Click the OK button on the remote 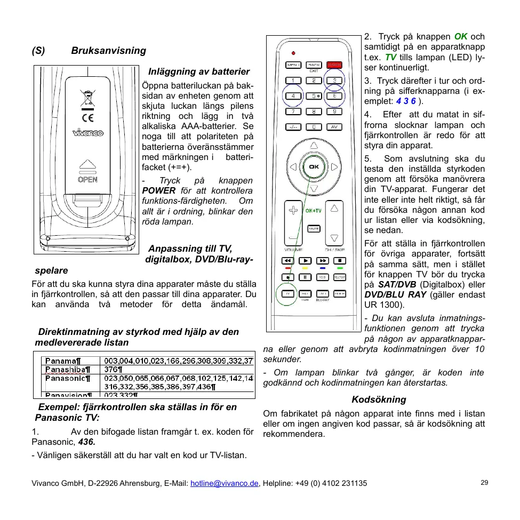[x=314, y=167]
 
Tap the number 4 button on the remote [x=293, y=96]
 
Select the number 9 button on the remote [x=334, y=111]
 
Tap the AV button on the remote [x=334, y=127]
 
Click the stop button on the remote [x=340, y=261]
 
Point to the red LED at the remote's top [x=293, y=53]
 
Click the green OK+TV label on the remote [x=313, y=211]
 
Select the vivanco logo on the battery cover [x=88, y=133]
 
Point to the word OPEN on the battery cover [x=88, y=180]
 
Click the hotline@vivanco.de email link [x=225, y=483]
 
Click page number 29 [x=484, y=482]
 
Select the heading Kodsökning [x=379, y=399]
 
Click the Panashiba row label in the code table [x=68, y=369]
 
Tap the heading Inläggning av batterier [x=199, y=71]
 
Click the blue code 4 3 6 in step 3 [x=406, y=101]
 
